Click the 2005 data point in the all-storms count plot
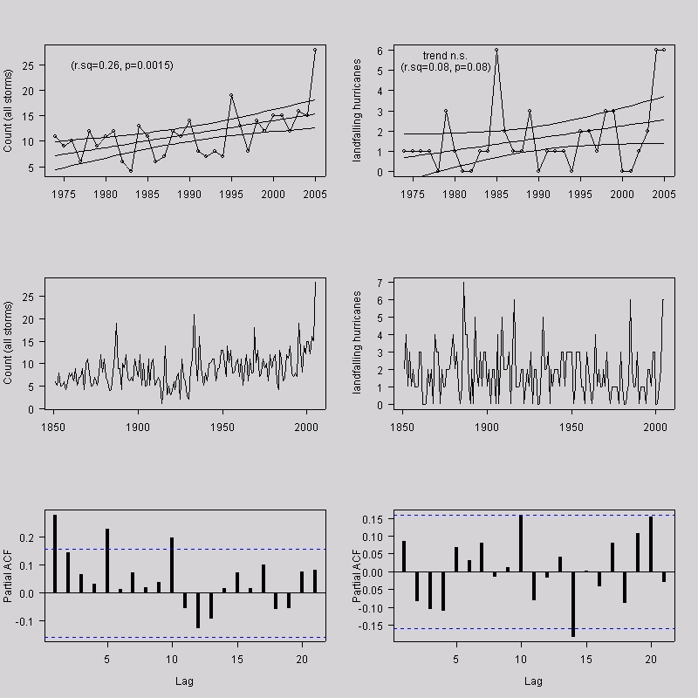coord(315,50)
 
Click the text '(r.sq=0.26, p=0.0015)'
coord(122,65)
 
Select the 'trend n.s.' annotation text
coord(446,56)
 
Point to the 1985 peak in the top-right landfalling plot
coord(496,50)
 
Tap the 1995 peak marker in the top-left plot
coord(231,95)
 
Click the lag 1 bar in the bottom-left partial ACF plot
coord(55,553)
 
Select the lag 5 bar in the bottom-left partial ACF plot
coord(106,560)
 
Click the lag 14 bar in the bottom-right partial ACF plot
coord(573,604)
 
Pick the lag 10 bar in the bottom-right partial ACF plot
coord(521,543)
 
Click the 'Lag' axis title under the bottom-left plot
coord(185,681)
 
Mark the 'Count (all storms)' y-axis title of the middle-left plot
coord(9,343)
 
